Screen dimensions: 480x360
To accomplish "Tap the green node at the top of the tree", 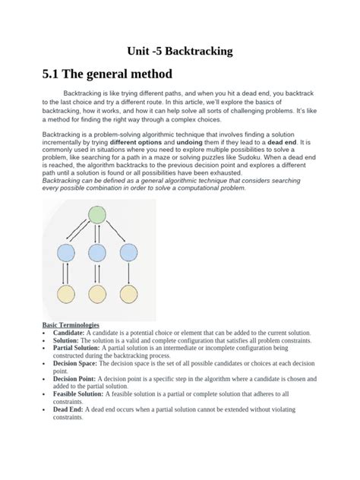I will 96,216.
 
